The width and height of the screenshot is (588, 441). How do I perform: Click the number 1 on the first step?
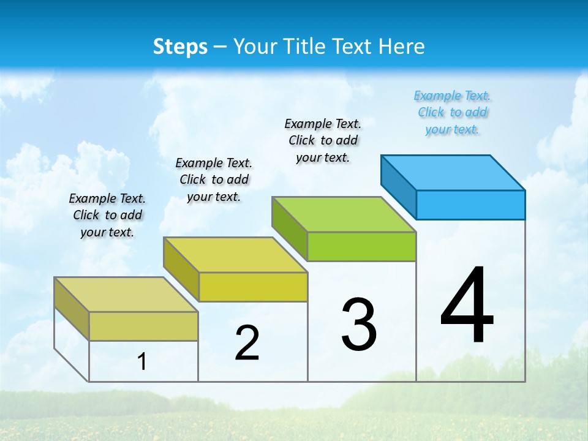[142, 362]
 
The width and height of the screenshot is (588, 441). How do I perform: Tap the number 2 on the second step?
[247, 343]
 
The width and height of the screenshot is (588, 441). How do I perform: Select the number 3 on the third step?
[358, 325]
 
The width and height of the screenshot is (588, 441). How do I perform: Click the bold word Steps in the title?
[180, 47]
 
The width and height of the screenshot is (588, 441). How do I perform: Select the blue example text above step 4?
[453, 113]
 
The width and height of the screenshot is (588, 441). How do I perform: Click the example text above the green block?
[323, 140]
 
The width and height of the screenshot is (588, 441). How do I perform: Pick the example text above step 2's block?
[214, 179]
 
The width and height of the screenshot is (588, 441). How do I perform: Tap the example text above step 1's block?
[107, 215]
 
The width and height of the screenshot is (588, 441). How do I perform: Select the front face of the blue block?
[470, 205]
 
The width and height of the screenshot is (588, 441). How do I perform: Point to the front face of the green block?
[361, 246]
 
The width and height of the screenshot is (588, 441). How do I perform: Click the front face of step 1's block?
[143, 326]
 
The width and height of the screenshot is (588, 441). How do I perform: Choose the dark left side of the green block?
[290, 226]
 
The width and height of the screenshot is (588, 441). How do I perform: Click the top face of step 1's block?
[126, 295]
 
